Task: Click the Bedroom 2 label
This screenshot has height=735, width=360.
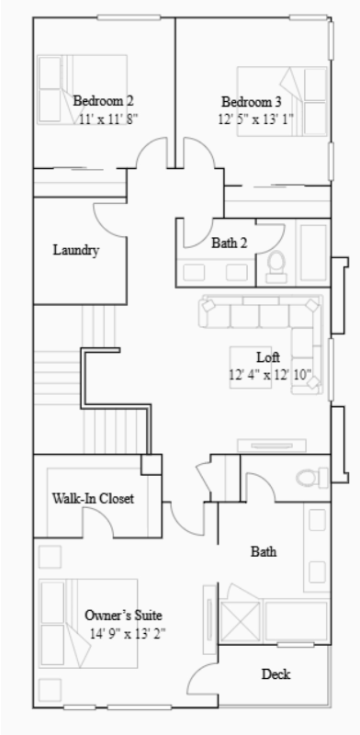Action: (x=104, y=100)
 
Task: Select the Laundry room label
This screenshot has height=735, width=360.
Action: (x=75, y=250)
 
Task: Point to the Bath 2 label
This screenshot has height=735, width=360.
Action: (x=229, y=243)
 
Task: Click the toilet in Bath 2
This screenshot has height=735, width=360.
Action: (x=276, y=265)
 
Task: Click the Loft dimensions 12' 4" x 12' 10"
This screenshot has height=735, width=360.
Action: (x=270, y=374)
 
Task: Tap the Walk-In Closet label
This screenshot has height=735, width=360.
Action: (x=93, y=499)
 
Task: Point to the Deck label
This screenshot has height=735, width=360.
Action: (x=276, y=674)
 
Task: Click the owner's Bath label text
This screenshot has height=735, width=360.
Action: (x=264, y=552)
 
